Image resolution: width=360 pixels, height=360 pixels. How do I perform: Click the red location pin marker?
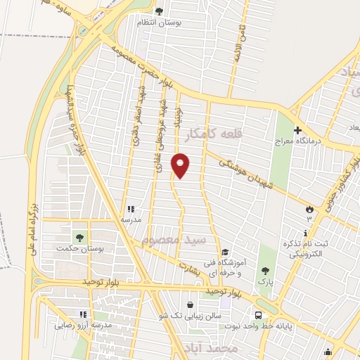pos(181,165)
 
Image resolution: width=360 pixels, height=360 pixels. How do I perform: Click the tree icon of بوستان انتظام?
pos(159,11)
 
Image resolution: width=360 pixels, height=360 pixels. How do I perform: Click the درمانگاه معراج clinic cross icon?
pos(297,131)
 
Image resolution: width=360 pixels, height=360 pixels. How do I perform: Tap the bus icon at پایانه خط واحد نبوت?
pos(259,315)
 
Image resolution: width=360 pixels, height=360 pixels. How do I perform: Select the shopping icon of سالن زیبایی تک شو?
pos(189,304)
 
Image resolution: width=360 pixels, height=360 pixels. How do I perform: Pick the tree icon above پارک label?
pos(264,270)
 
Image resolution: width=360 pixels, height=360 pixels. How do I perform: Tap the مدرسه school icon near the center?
pos(131,209)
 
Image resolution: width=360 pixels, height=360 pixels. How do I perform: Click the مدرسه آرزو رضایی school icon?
pos(83,314)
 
